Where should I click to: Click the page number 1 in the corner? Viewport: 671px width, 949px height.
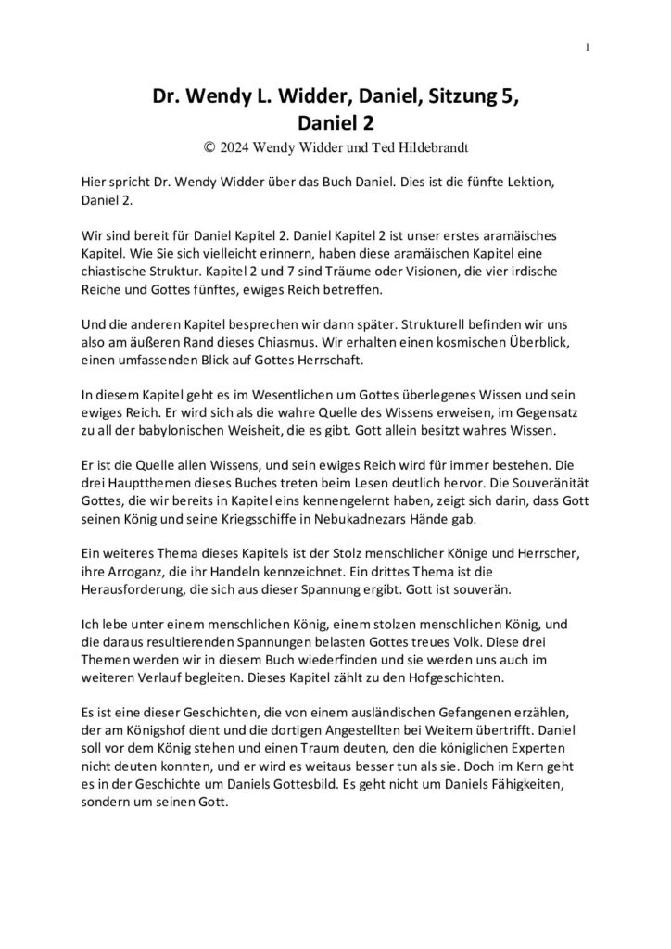tap(588, 47)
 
